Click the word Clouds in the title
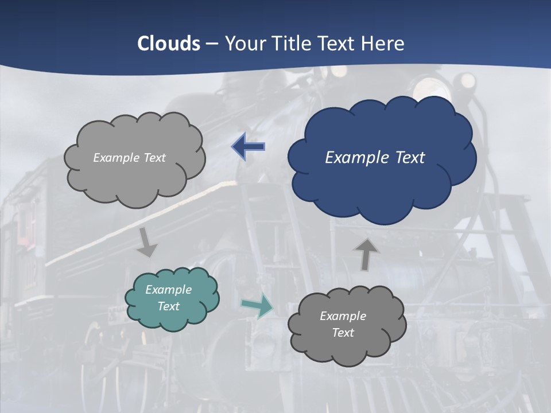click(169, 44)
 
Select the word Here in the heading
click(383, 44)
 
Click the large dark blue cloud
click(382, 184)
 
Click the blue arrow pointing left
click(248, 147)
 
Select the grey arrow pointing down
click(147, 242)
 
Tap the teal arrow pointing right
click(257, 307)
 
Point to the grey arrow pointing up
click(366, 254)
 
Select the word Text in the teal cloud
click(169, 306)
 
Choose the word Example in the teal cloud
click(169, 290)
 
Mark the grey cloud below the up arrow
click(347, 350)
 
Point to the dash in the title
click(212, 44)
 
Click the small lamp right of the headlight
click(468, 80)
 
